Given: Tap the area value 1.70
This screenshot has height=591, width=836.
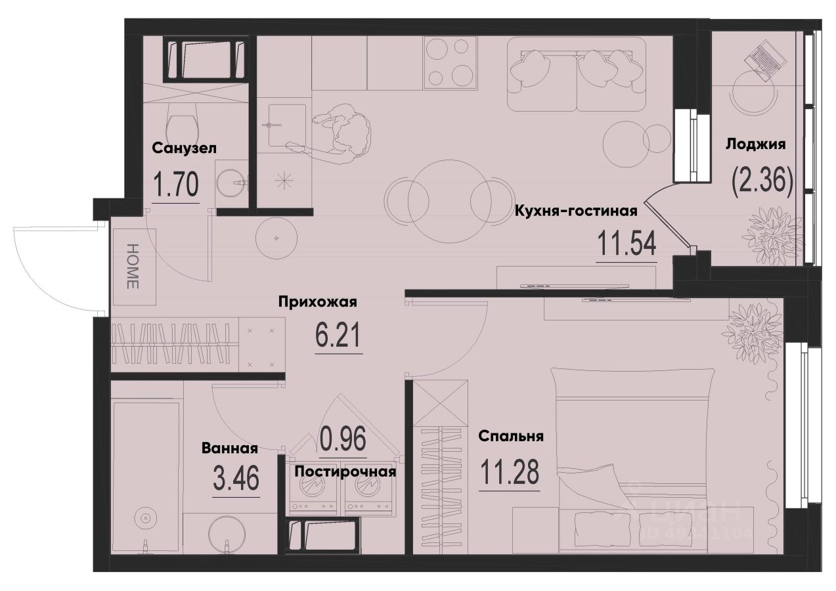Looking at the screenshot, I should point(175,185).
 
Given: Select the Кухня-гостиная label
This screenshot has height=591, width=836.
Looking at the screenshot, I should point(576,211).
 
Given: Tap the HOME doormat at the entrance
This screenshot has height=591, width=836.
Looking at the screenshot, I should point(133,266).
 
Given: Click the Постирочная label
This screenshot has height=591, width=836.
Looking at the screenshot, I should point(345,471).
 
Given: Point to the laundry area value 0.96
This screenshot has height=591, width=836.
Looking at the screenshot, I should point(342,439).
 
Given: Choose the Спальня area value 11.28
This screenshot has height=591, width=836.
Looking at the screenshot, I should point(510,472).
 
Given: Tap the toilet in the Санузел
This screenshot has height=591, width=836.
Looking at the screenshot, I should point(182,121).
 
